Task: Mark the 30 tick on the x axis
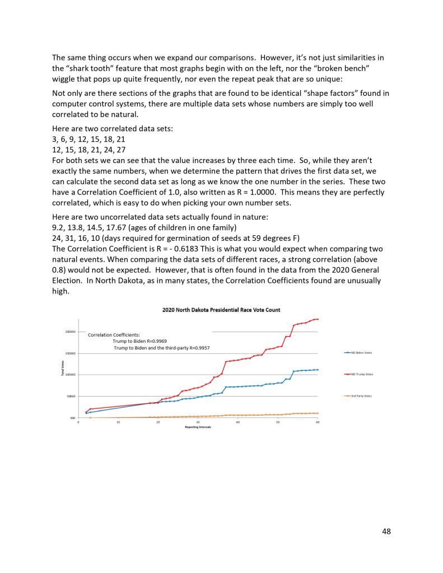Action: tap(198, 422)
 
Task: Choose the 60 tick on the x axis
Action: tap(318, 422)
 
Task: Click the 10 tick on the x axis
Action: tap(118, 422)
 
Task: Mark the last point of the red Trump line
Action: tap(318, 319)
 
